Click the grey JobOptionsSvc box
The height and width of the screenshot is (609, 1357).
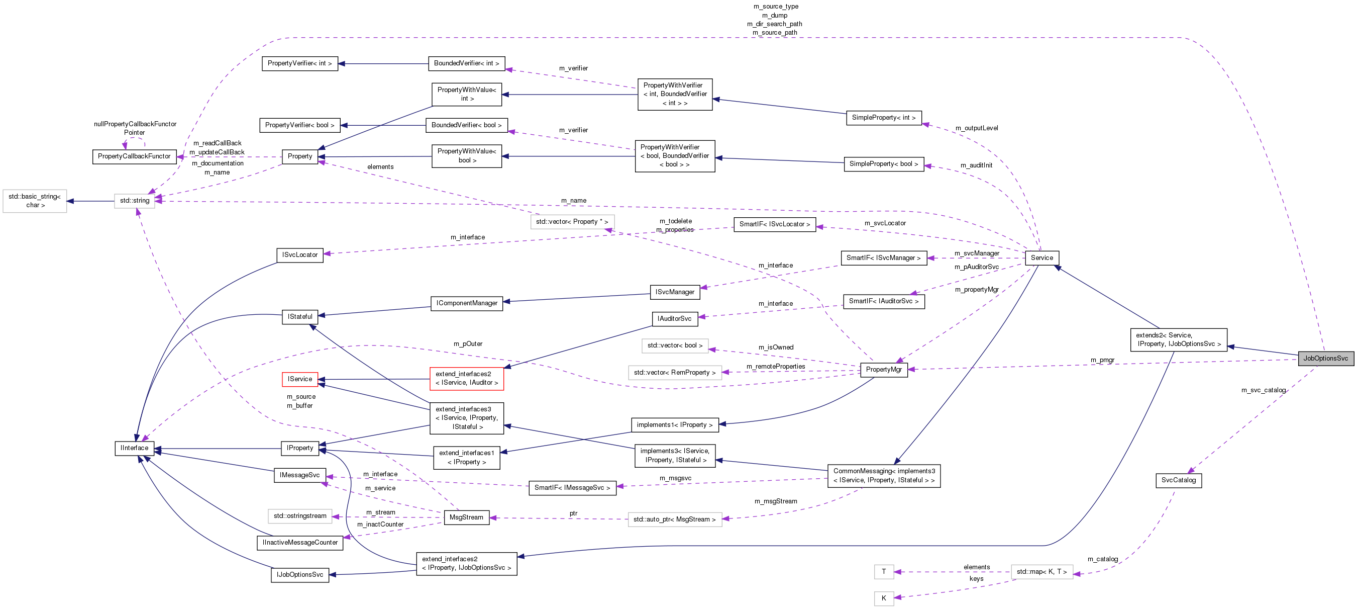tap(1325, 359)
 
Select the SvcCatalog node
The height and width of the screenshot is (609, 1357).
tap(1179, 480)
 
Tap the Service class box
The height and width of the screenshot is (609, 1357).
tap(1041, 258)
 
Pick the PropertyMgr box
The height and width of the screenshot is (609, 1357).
tap(883, 370)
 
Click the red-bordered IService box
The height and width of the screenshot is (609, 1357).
tap(300, 379)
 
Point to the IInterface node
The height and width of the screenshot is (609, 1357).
tap(134, 448)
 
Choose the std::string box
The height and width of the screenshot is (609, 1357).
tap(134, 201)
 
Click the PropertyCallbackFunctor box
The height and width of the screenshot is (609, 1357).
tap(134, 156)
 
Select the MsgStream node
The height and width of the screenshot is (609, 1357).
tap(466, 517)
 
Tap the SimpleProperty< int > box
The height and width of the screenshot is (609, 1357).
tap(883, 118)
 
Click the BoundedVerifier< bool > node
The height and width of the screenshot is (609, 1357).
tap(466, 126)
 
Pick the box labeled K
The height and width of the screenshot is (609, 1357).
tap(883, 598)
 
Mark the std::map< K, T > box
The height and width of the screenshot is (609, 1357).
tap(1041, 572)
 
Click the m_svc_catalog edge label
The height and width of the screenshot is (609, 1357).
tap(1263, 390)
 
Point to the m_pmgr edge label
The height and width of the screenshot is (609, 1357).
tap(1102, 360)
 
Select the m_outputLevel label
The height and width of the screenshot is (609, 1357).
tap(976, 128)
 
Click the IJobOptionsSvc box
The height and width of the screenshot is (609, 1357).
tap(300, 575)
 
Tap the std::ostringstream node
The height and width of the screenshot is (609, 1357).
tap(300, 516)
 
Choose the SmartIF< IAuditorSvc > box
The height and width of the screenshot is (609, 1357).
tap(883, 302)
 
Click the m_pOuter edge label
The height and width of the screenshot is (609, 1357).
tap(468, 344)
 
